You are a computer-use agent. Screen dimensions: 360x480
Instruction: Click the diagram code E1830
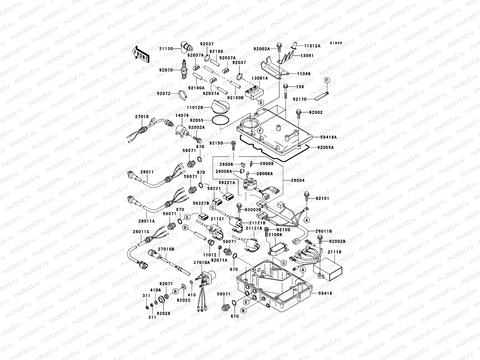point(336,43)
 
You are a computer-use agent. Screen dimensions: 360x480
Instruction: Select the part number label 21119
point(334,252)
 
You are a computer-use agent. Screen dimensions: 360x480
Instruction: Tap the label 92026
point(164,313)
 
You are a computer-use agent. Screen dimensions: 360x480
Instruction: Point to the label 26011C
point(141,231)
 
